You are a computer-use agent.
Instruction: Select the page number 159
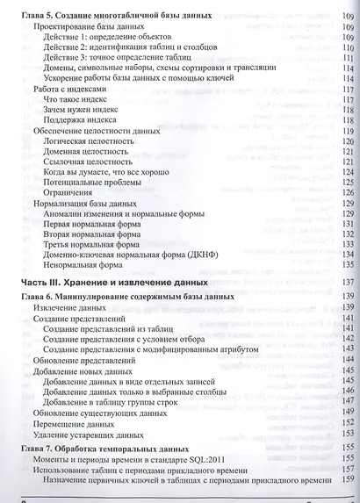(x=346, y=485)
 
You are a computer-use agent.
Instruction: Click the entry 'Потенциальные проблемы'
(x=100, y=181)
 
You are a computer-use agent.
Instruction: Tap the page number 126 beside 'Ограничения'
(x=346, y=193)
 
